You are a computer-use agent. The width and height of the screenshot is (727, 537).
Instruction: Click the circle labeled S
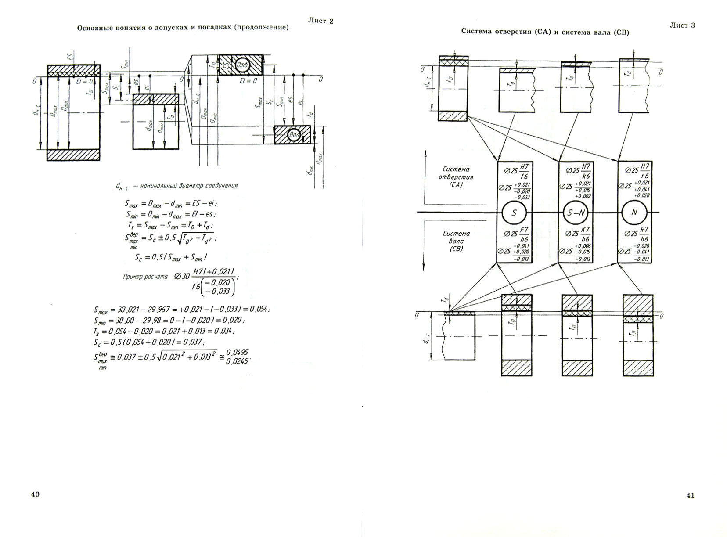pos(514,213)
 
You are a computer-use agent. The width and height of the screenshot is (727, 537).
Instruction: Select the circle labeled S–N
pos(575,213)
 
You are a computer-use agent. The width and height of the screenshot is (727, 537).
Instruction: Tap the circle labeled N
pos(634,213)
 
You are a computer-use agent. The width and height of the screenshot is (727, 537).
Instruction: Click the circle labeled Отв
pos(242,65)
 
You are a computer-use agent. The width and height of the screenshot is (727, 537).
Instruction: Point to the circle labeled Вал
pos(294,135)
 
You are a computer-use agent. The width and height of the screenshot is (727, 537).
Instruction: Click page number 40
pos(36,494)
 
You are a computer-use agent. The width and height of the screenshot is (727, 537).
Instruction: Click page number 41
pos(690,496)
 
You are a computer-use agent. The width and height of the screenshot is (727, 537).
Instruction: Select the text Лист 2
pos(320,21)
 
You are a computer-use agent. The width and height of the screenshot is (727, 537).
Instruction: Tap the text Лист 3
pos(682,25)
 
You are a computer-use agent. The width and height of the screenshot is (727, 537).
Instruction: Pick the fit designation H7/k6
pos(585,171)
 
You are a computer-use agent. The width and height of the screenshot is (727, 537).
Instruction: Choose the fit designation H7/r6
pos(644,171)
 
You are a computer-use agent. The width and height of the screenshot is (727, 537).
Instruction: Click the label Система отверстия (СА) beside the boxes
pos(456,177)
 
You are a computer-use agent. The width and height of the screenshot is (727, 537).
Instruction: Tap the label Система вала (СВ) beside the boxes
pos(456,241)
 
